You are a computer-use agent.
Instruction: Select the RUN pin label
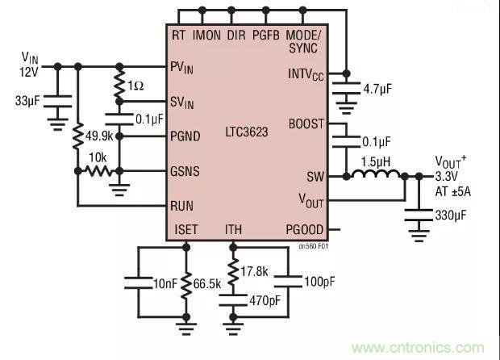pyautogui.click(x=182, y=205)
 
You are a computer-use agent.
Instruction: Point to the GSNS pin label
pyautogui.click(x=185, y=171)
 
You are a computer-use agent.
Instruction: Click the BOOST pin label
pyautogui.click(x=306, y=124)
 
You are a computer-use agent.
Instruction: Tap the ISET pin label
pyautogui.click(x=186, y=230)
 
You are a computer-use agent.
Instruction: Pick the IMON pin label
pyautogui.click(x=207, y=36)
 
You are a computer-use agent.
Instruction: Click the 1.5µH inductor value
pyautogui.click(x=375, y=161)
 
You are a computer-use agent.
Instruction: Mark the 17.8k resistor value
pyautogui.click(x=256, y=271)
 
